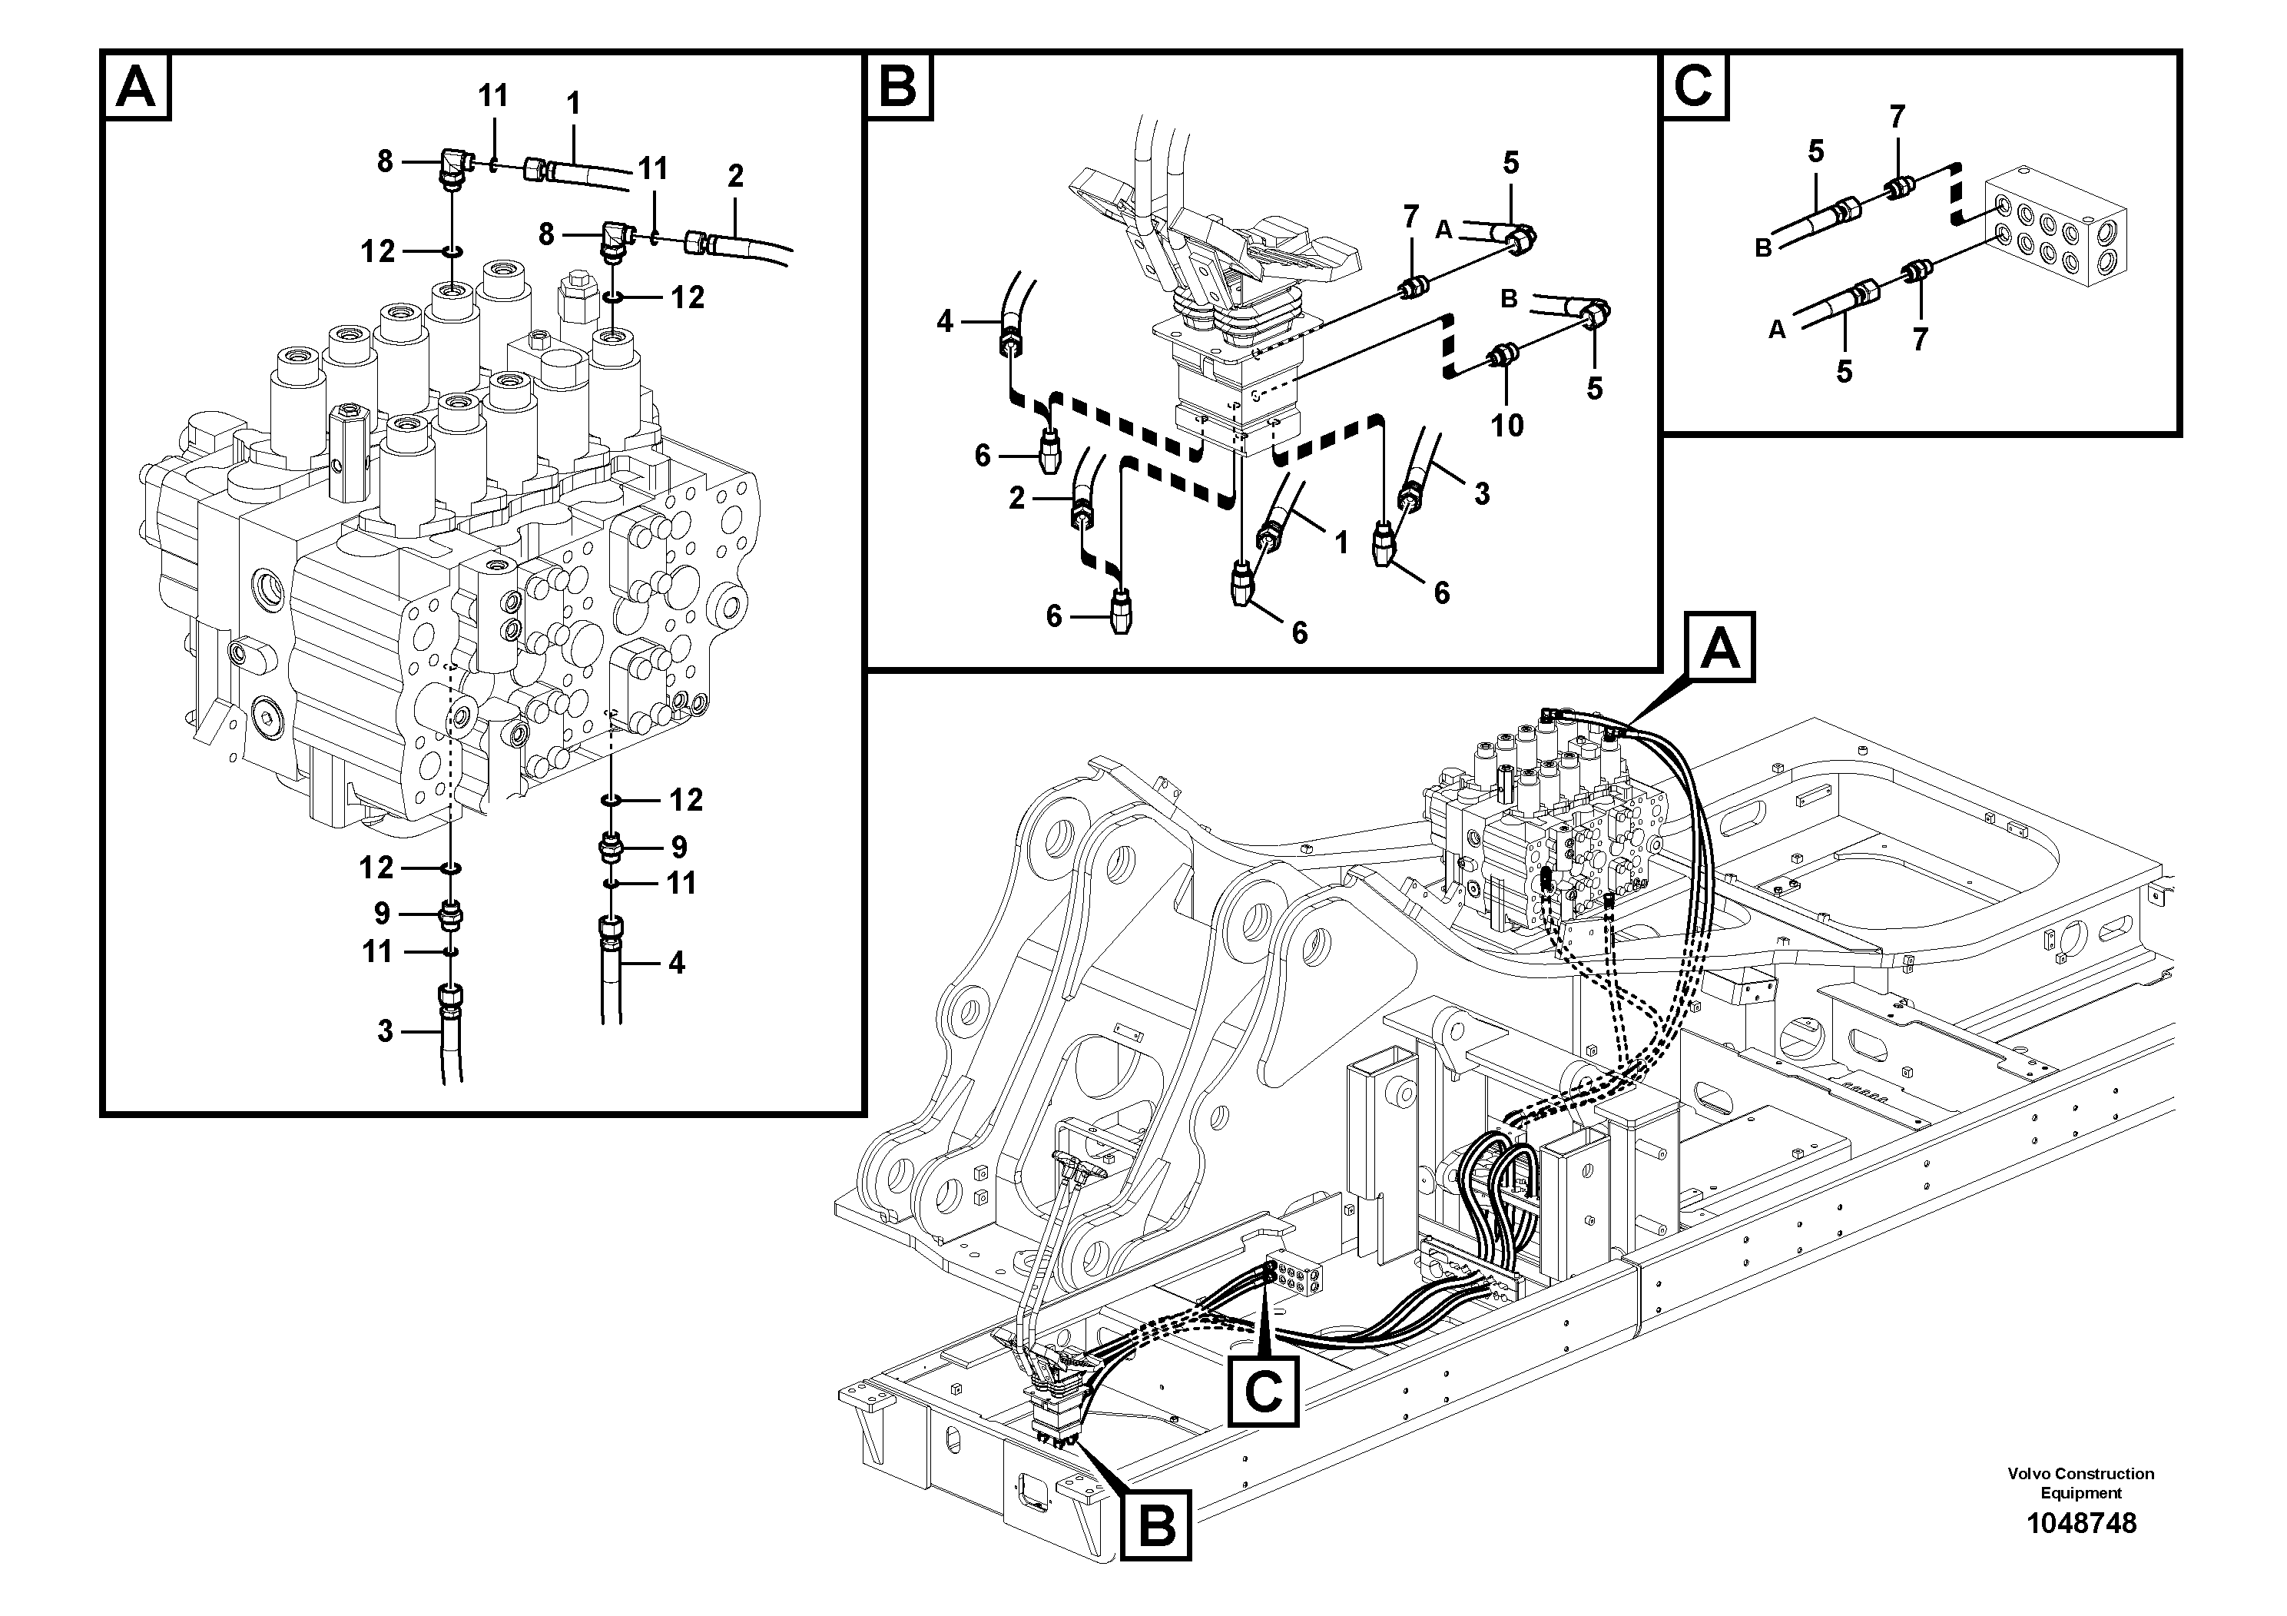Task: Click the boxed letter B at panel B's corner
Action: point(900,88)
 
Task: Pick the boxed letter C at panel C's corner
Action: point(1695,88)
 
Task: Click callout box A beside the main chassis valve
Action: point(1720,652)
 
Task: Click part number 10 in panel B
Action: point(1507,426)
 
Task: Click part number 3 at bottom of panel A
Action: point(386,1031)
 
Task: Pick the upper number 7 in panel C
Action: point(1897,118)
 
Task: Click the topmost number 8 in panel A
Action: point(386,161)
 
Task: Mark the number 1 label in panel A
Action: point(573,103)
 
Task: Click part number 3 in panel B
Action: point(1481,493)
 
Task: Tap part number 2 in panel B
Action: point(1016,498)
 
